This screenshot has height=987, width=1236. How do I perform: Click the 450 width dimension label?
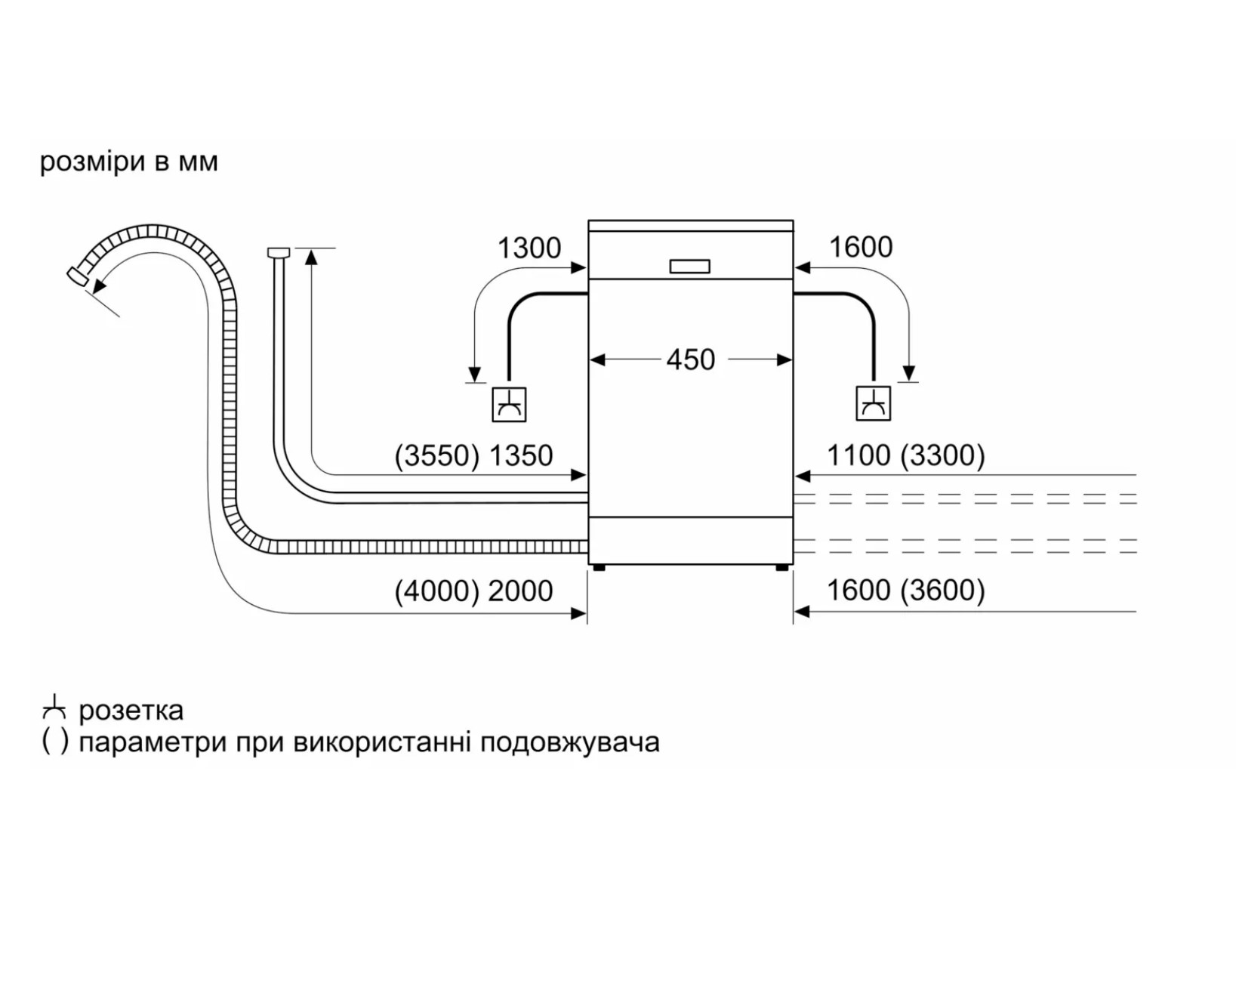(690, 360)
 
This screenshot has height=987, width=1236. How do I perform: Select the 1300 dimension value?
(529, 248)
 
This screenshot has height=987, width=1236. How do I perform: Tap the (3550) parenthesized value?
(436, 455)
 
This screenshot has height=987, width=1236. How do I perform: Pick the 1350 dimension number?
(520, 455)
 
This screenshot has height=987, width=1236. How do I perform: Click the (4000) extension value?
(436, 591)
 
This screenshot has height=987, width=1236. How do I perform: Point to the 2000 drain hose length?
(520, 591)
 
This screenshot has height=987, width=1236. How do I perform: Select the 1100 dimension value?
(858, 455)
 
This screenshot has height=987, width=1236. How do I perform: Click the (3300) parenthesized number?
(942, 455)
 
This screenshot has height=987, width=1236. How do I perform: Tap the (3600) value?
(942, 591)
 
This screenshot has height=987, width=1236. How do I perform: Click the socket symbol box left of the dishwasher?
(509, 405)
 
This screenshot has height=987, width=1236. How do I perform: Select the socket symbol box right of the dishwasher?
(873, 403)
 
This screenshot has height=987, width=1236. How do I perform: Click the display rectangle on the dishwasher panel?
(690, 267)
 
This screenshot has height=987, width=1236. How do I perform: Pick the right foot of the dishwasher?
(781, 568)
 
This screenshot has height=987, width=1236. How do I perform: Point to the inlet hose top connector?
(279, 252)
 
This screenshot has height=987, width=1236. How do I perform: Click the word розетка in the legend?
(131, 711)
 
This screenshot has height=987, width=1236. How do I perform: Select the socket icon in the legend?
(55, 708)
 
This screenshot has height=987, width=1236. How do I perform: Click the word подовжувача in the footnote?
(570, 743)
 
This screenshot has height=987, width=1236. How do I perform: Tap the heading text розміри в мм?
(129, 162)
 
